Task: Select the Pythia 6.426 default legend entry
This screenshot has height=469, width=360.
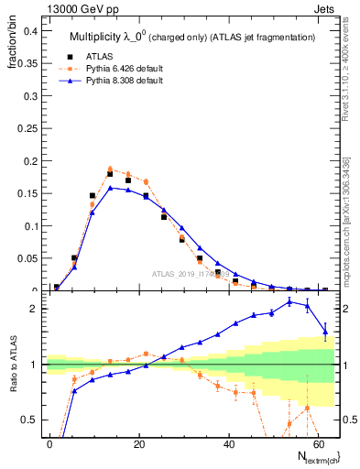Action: (119, 67)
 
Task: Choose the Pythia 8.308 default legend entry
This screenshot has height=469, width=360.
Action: (119, 80)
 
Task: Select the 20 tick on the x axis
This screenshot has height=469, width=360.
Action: (138, 442)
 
